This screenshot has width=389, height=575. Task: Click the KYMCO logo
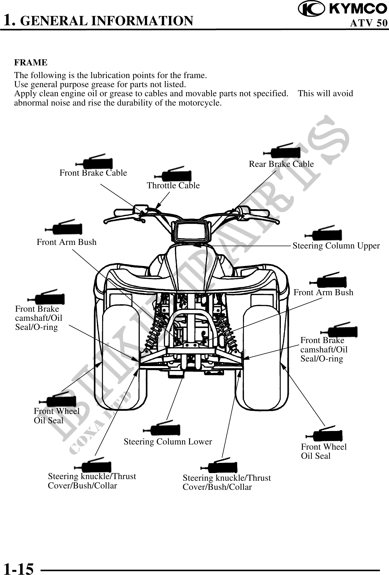[x=342, y=9]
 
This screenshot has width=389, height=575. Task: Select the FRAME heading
[x=31, y=63]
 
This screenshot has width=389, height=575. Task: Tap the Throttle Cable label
[x=173, y=186]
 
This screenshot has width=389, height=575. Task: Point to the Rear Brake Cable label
[x=281, y=164]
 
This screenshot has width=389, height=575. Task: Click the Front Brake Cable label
[x=93, y=173]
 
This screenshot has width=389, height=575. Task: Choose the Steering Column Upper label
[x=336, y=246]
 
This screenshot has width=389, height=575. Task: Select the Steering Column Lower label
[x=168, y=442]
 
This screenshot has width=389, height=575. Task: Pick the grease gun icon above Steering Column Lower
[x=162, y=429]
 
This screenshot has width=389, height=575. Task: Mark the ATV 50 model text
[x=368, y=23]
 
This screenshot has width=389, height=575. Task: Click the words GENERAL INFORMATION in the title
[x=107, y=21]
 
